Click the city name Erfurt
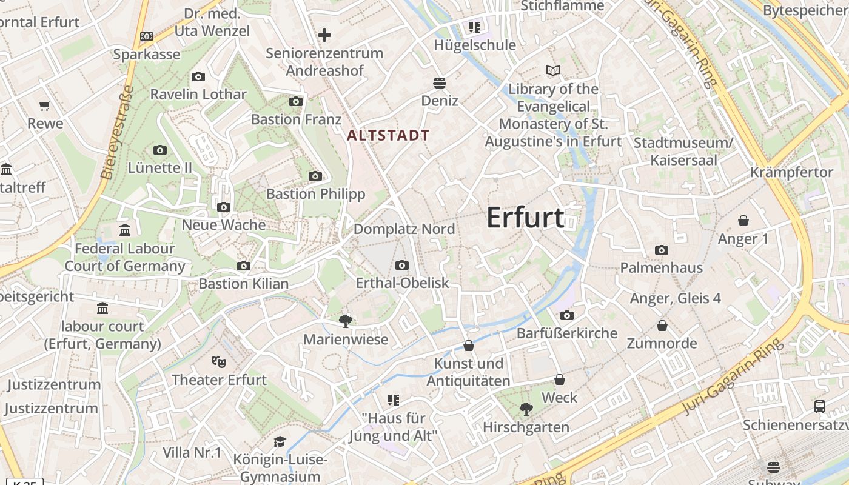[x=525, y=218]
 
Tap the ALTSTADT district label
[x=388, y=135]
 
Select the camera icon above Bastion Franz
[x=296, y=101]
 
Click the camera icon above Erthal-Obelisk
[x=401, y=265]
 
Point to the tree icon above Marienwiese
[x=346, y=321]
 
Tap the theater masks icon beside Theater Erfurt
[x=219, y=362]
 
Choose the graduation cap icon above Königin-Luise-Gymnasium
[x=280, y=441]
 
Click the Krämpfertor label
[x=791, y=172]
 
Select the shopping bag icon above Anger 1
[x=743, y=221]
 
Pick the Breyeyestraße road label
[x=118, y=132]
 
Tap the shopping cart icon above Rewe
[x=44, y=106]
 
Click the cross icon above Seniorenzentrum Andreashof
[x=324, y=35]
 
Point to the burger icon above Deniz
[x=440, y=82]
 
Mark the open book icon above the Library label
[x=553, y=71]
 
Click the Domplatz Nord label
[x=404, y=229]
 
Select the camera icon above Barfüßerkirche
[x=567, y=315]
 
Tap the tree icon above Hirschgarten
[x=526, y=409]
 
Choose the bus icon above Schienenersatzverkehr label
[x=820, y=407]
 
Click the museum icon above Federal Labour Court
[x=125, y=230]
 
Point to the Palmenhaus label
[x=661, y=267]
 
